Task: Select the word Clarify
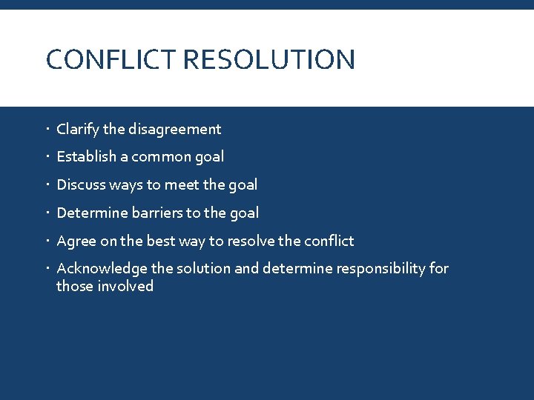[x=78, y=130]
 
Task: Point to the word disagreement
[x=174, y=130]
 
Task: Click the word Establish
[x=87, y=157]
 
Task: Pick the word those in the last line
[x=74, y=286]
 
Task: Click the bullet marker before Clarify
[x=48, y=130]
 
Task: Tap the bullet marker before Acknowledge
[x=48, y=268]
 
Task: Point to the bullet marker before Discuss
[x=48, y=184]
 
